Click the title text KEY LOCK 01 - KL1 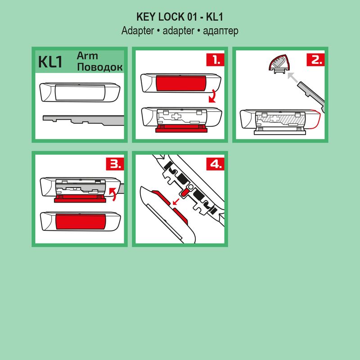coord(180,17)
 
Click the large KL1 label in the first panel coord(50,62)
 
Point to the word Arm coord(87,56)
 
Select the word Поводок coord(100,67)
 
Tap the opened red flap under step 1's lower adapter coord(180,130)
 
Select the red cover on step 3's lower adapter coord(81,221)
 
